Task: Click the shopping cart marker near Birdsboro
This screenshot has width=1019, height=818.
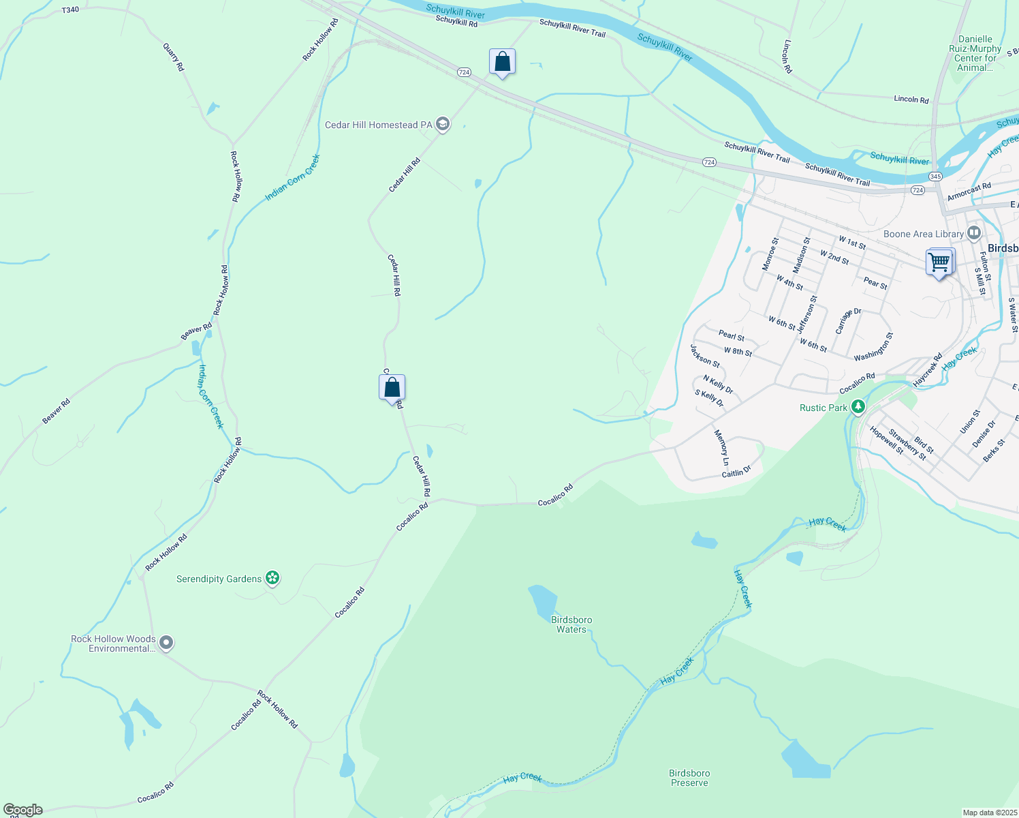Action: coord(939,262)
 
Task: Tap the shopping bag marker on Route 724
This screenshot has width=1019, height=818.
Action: coord(502,62)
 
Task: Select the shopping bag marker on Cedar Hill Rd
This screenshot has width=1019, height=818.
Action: coord(392,388)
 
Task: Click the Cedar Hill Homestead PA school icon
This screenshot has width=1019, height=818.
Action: coord(443,124)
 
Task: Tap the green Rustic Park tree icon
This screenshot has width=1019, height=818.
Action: coord(858,408)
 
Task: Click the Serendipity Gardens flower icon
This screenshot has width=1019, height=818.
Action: coord(272,579)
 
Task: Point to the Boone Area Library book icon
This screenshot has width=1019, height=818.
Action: coord(973,233)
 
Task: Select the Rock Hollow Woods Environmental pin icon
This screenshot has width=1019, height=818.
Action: coord(166,643)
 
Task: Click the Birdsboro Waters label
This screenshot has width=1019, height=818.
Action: coord(571,624)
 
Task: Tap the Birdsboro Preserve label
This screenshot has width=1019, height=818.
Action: coord(689,778)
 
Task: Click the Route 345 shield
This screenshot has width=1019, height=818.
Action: coord(935,177)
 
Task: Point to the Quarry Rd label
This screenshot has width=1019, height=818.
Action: coord(173,57)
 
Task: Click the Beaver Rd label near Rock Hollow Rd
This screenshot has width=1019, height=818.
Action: coord(196,331)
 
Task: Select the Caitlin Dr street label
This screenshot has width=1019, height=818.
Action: coord(736,471)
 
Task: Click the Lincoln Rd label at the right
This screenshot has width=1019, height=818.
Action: coord(911,100)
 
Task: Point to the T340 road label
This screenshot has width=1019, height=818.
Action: coord(70,10)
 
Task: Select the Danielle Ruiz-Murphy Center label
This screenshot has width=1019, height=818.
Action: coord(975,53)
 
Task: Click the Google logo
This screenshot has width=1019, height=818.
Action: coord(22,810)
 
